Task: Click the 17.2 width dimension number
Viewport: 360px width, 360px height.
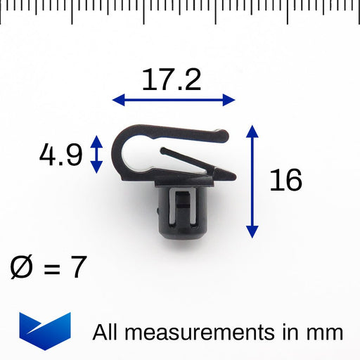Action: coord(172,80)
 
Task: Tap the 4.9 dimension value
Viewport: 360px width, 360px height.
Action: coord(61,155)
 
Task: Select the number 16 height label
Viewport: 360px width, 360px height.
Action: coord(286,180)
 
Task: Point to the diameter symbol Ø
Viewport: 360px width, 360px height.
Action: coord(21,267)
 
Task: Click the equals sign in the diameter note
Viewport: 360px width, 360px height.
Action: coord(52,268)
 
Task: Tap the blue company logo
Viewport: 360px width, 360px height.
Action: coord(45,331)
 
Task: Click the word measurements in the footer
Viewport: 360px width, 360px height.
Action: coord(199,333)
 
